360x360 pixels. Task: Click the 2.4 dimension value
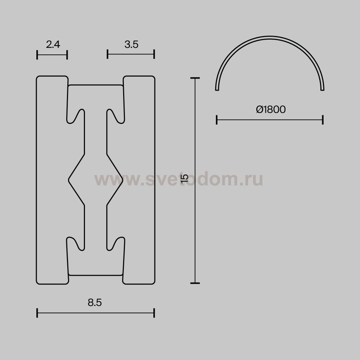53,44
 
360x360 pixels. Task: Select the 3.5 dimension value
131,44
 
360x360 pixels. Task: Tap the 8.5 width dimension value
95,303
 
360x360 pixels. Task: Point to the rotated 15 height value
185,178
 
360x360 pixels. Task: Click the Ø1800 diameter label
271,109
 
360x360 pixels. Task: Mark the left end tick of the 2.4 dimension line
37,55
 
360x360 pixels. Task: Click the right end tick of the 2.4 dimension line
67,55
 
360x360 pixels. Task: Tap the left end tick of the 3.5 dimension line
107,54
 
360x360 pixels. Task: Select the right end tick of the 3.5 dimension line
154,54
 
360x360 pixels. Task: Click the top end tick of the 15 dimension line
195,78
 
